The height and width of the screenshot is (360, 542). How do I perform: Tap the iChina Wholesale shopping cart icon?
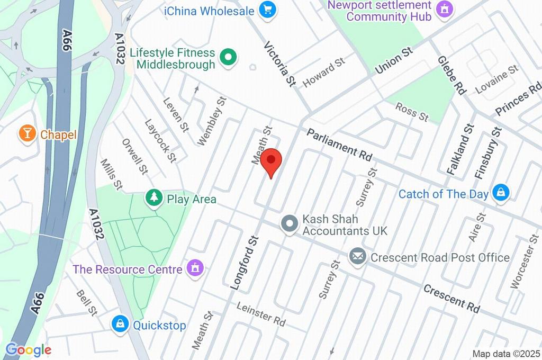(268, 10)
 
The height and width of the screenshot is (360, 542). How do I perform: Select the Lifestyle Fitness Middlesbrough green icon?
(229, 57)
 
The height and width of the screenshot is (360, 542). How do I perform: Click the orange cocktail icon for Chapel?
(26, 133)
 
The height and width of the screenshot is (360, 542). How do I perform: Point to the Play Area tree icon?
(154, 199)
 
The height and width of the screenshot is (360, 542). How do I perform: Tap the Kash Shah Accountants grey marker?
(290, 224)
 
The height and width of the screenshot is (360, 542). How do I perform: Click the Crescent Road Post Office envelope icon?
(358, 257)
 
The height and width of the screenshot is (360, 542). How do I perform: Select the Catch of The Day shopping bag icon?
(500, 193)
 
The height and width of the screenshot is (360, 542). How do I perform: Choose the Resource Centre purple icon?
(195, 268)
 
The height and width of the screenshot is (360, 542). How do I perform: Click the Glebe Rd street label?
(451, 76)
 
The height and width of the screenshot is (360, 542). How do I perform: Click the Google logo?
(29, 350)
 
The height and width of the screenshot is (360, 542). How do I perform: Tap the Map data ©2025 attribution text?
(507, 354)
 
